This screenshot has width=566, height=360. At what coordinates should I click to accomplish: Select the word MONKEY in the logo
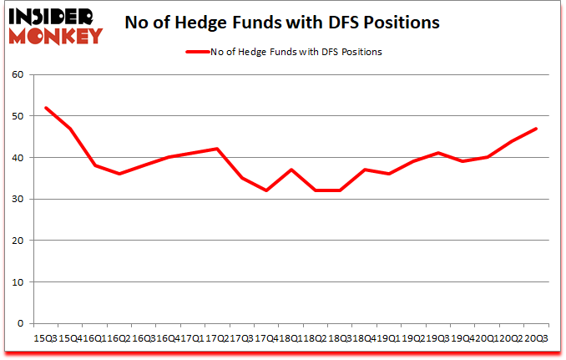click(x=57, y=34)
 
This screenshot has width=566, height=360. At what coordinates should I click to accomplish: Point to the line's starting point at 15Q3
click(x=45, y=108)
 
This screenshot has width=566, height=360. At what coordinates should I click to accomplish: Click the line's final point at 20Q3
click(x=535, y=129)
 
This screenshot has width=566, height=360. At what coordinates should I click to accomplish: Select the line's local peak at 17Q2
click(x=217, y=149)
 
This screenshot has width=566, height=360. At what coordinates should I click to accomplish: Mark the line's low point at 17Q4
click(x=266, y=190)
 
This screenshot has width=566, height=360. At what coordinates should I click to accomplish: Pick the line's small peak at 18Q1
click(x=291, y=170)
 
